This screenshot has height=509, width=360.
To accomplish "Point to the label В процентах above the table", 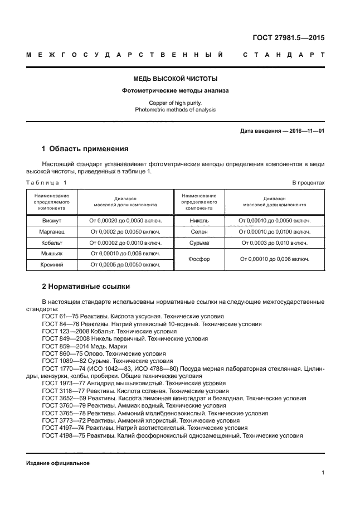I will click(309, 183).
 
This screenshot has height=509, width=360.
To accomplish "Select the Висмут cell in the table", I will click(51, 220).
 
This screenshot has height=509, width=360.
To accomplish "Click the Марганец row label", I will click(51, 231).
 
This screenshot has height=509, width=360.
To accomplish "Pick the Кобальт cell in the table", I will click(51, 243).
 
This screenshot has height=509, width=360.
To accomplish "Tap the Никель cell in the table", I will click(199, 220).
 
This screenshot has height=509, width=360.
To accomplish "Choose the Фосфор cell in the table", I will click(199, 259).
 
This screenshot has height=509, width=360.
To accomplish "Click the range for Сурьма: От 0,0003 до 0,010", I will click(274, 243).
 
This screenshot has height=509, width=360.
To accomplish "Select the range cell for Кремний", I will click(125, 265).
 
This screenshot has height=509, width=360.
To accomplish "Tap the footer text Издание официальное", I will click(58, 463).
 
